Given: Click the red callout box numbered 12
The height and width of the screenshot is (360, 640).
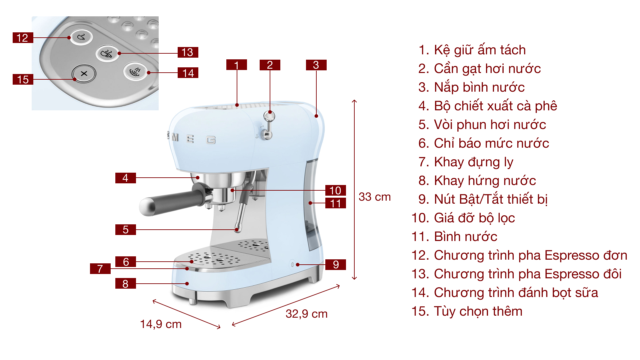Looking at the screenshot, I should point(23,38).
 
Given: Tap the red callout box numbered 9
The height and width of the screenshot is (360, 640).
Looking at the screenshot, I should point(335,265).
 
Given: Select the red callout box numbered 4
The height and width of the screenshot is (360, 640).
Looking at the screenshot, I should point(125,178).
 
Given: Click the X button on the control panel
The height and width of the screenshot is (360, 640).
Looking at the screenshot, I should point(84,73).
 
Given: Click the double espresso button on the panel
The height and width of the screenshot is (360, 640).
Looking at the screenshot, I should point(107,53).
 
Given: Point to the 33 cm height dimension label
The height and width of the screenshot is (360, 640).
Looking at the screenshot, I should point(374,197).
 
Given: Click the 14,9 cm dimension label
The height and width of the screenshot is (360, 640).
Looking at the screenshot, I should point(161,324).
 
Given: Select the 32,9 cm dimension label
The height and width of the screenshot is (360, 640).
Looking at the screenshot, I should point(306,314).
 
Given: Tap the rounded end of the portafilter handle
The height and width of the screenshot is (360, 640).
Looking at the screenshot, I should point(147,207).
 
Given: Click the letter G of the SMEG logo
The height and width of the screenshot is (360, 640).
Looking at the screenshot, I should point(211,140).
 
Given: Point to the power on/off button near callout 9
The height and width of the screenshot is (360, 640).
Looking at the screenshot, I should point(292,265).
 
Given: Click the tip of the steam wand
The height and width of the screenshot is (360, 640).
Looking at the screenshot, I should point(237,229).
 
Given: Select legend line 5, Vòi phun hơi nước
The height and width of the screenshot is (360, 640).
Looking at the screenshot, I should point(482,125).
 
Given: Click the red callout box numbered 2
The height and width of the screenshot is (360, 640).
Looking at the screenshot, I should point(270,65).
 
